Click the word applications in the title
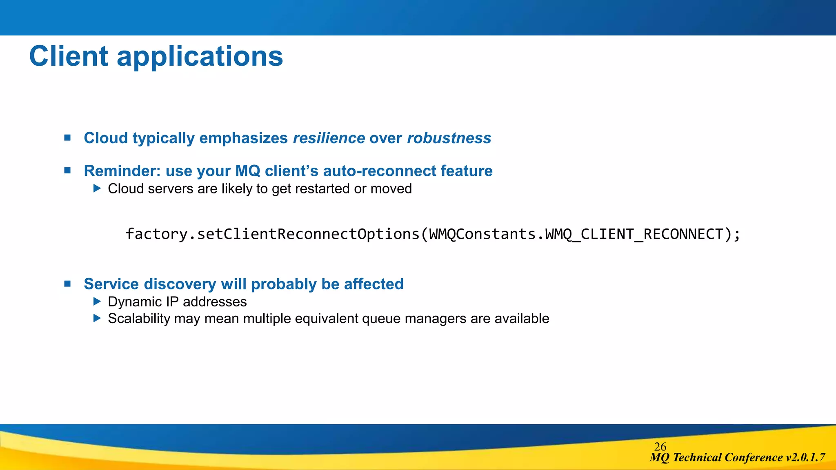tap(200, 57)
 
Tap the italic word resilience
tap(329, 138)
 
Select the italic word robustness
tap(449, 138)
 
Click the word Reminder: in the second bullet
tap(122, 171)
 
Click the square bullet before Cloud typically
tap(68, 138)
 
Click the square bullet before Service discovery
tap(68, 284)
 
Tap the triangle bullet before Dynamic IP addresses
tap(97, 302)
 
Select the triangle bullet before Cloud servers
tap(97, 188)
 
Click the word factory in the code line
tap(156, 234)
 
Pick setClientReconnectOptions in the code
tap(308, 234)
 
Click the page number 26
tap(660, 446)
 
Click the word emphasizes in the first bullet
tap(243, 138)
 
